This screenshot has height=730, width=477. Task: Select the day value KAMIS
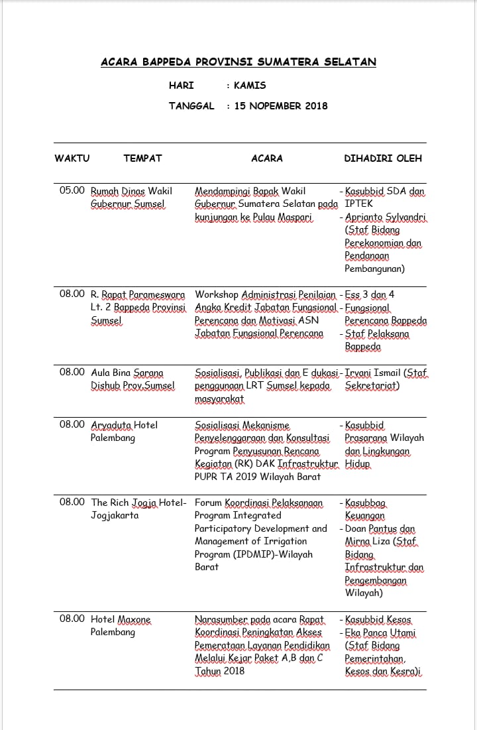point(250,86)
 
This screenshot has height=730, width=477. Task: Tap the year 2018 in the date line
point(313,106)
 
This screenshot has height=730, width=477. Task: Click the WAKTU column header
point(72,158)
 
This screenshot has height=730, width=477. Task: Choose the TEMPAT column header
point(142,158)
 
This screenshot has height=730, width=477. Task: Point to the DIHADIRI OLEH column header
point(383,158)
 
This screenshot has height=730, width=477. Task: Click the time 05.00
point(72,191)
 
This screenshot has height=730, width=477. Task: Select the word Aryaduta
point(111,424)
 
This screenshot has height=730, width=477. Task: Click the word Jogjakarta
point(115,515)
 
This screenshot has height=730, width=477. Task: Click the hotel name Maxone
point(134,619)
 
